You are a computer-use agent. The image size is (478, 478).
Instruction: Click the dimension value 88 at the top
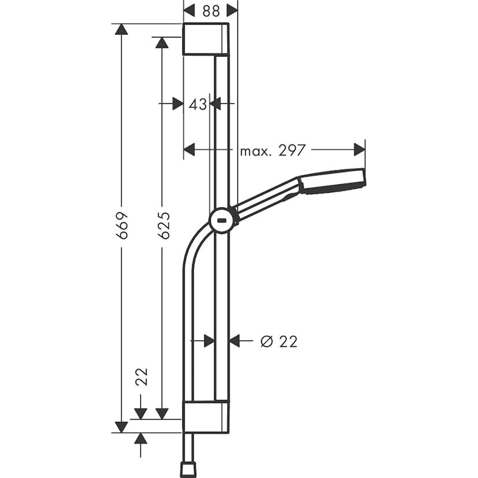pos(210,10)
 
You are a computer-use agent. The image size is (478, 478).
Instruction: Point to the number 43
pos(197,104)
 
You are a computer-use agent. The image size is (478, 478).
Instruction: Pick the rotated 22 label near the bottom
pos(141,376)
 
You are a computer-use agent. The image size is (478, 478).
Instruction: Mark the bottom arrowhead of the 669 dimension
pos(121,427)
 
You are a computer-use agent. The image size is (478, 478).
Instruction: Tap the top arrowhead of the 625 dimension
pos(162,42)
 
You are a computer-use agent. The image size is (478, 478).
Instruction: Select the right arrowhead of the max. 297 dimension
pos(360,150)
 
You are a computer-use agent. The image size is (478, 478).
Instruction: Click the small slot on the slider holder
pos(221,219)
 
